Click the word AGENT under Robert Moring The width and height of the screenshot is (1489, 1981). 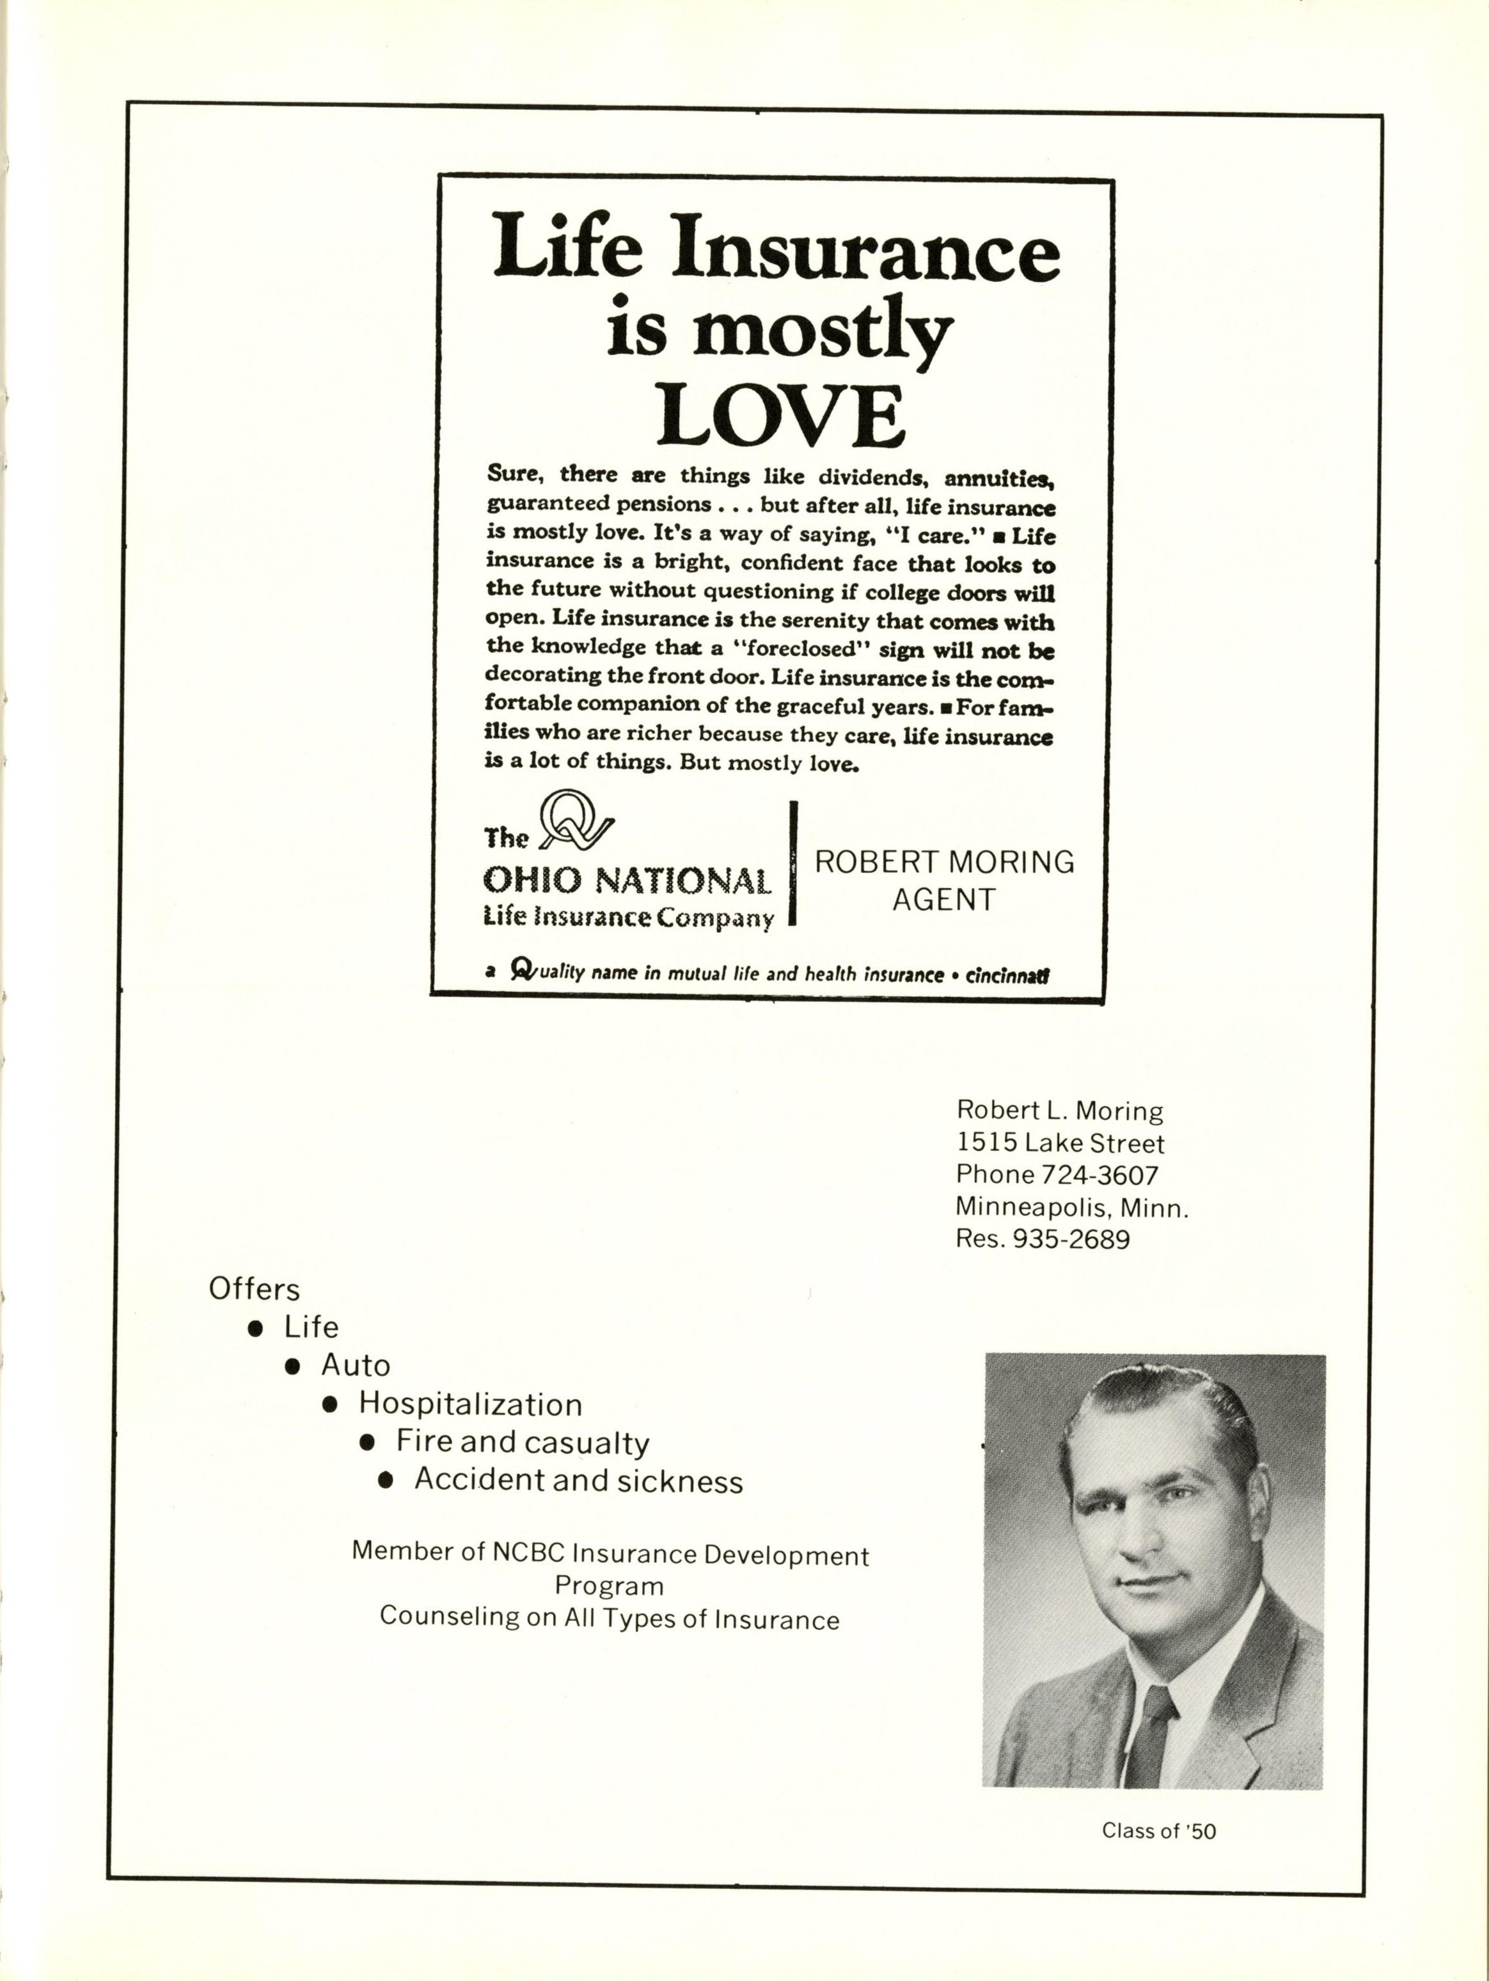pos(943,899)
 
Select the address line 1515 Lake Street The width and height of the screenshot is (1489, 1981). pos(1060,1143)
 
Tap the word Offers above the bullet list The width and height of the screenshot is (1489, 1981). pos(253,1288)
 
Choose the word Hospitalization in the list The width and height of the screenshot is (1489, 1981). pos(470,1404)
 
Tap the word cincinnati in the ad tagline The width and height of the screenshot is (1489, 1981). pos(1005,975)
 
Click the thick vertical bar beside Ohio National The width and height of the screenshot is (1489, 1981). pos(792,863)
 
